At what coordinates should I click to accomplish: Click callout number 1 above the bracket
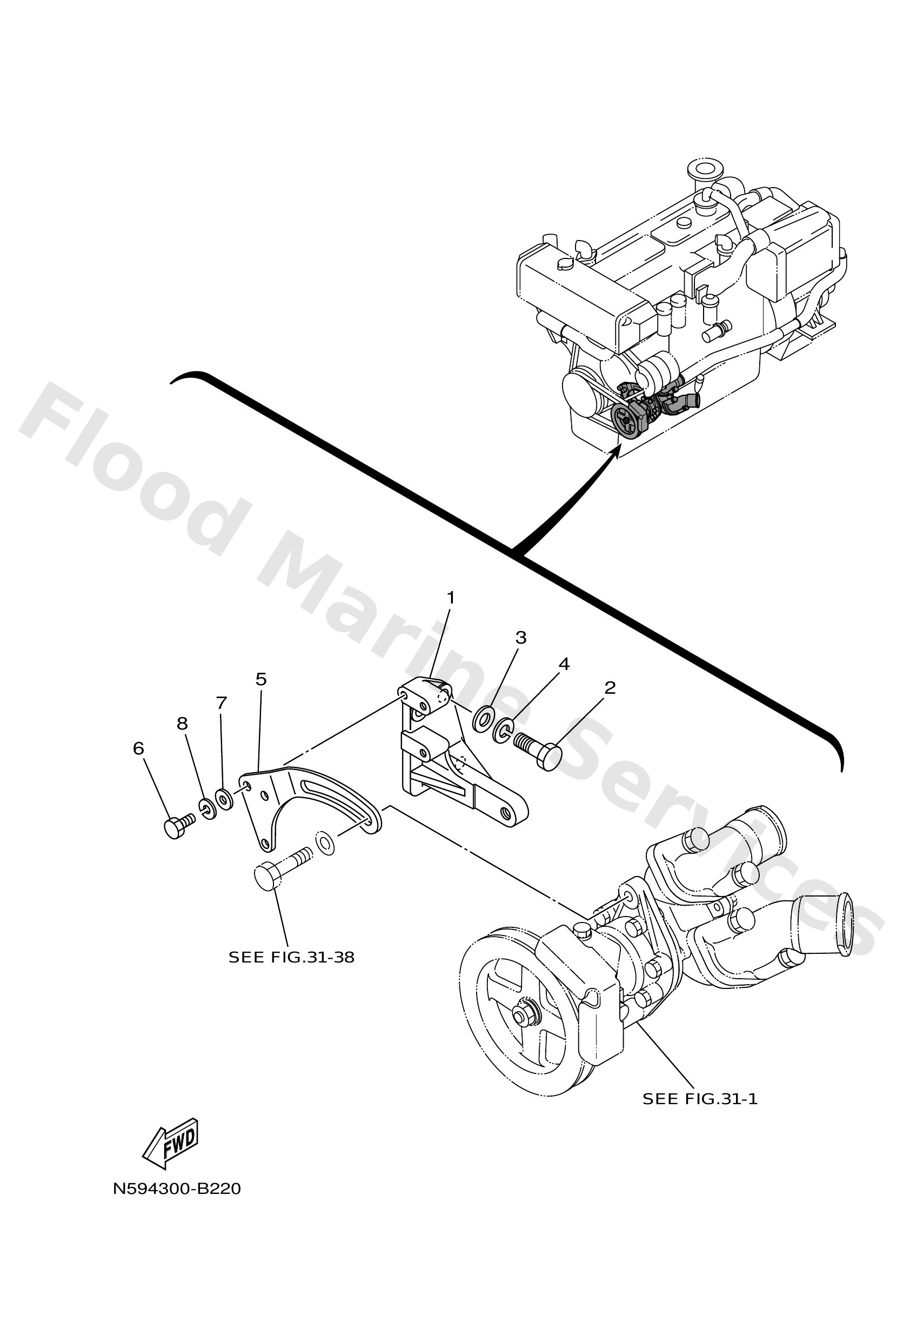pos(450,599)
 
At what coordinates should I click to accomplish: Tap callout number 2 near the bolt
pos(610,688)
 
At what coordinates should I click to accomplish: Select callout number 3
pos(520,638)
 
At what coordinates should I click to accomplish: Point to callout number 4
pos(564,664)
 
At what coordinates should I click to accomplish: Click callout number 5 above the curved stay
pos(260,679)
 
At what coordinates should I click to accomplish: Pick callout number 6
pos(138,748)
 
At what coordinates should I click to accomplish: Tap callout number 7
pos(222,703)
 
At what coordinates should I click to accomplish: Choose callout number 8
pos(182,723)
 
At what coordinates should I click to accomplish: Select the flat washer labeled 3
pos(483,721)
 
